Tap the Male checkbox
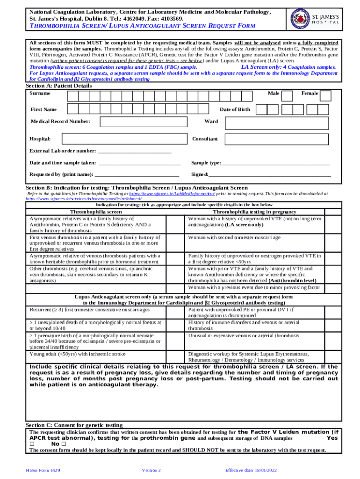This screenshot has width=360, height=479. click(288, 95)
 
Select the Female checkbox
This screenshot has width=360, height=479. click(326, 95)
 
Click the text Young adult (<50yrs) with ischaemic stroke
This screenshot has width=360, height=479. click(78, 354)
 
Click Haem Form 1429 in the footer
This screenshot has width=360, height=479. click(43, 470)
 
